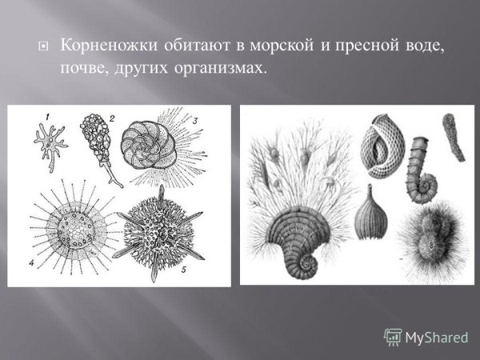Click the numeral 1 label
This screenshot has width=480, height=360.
(x=47, y=118)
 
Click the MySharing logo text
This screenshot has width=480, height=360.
(x=435, y=336)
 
